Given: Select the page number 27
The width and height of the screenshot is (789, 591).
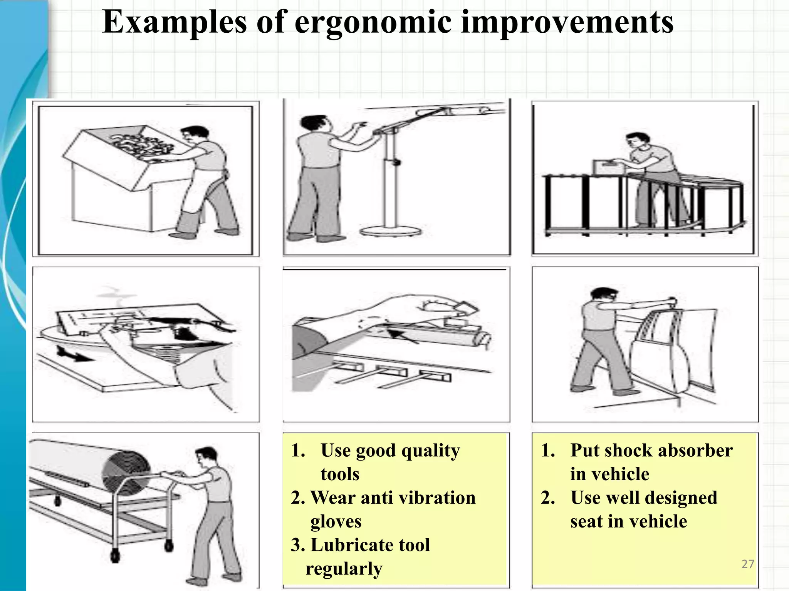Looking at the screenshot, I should tap(748, 564).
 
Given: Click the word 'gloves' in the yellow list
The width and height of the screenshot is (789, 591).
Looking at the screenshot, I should tap(336, 522).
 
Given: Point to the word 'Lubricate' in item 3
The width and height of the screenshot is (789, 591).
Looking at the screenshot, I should tap(351, 545).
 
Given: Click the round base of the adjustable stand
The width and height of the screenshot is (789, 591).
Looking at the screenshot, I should tap(389, 231).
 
